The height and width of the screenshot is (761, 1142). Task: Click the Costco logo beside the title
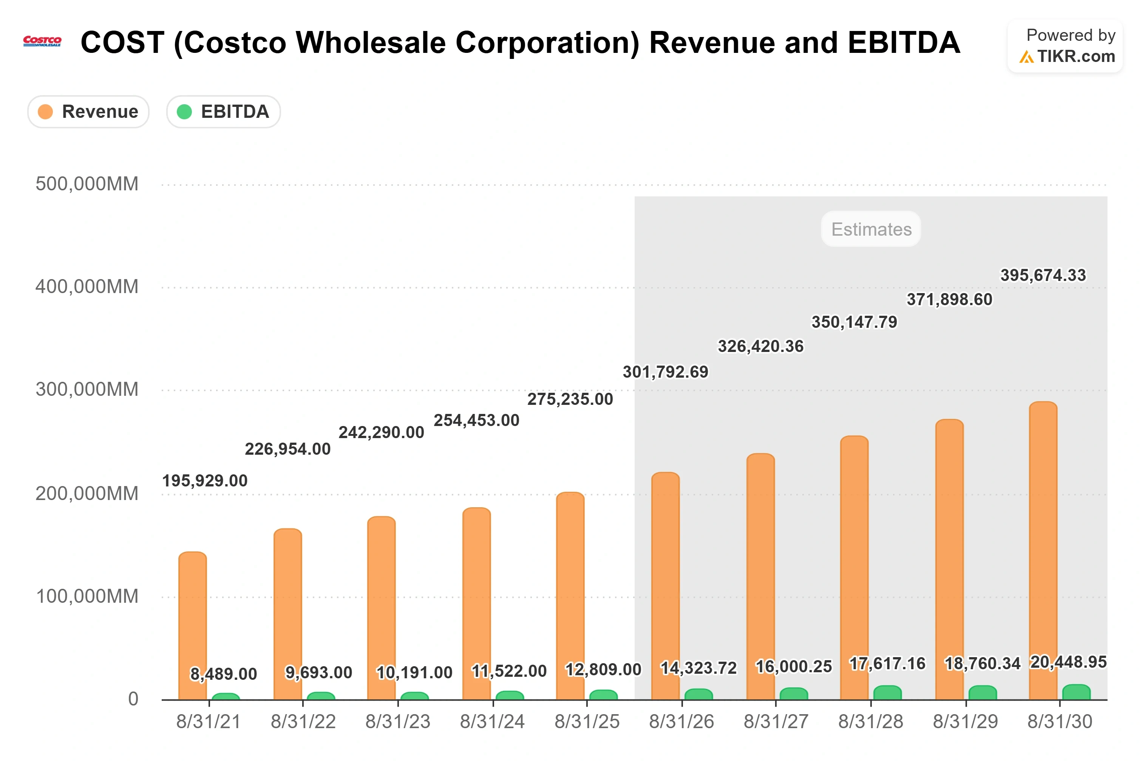pyautogui.click(x=42, y=41)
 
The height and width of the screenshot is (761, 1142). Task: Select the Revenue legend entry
pyautogui.click(x=88, y=112)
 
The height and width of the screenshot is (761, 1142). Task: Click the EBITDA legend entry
pyautogui.click(x=223, y=112)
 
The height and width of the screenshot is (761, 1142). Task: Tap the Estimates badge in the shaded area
pyautogui.click(x=871, y=229)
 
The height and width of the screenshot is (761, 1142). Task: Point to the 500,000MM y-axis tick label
pyautogui.click(x=87, y=184)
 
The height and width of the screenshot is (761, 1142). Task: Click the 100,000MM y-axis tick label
pyautogui.click(x=87, y=596)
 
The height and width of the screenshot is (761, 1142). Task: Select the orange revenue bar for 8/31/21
pyautogui.click(x=193, y=626)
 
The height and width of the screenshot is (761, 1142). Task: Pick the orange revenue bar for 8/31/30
pyautogui.click(x=1043, y=551)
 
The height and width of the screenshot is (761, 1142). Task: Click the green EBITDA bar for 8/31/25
pyautogui.click(x=603, y=695)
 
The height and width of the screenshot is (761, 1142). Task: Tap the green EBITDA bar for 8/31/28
pyautogui.click(x=887, y=693)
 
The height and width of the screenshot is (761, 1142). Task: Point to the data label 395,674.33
pyautogui.click(x=1043, y=276)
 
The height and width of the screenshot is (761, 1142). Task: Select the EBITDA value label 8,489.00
pyautogui.click(x=223, y=674)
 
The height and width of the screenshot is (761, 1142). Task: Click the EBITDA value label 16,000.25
pyautogui.click(x=794, y=667)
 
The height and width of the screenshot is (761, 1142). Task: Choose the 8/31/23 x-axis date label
pyautogui.click(x=398, y=722)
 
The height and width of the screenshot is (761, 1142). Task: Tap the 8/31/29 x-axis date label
pyautogui.click(x=965, y=722)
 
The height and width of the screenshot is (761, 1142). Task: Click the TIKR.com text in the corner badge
pyautogui.click(x=1076, y=57)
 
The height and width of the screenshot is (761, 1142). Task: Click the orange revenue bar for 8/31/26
pyautogui.click(x=665, y=586)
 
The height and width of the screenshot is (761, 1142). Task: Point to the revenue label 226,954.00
pyautogui.click(x=287, y=449)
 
